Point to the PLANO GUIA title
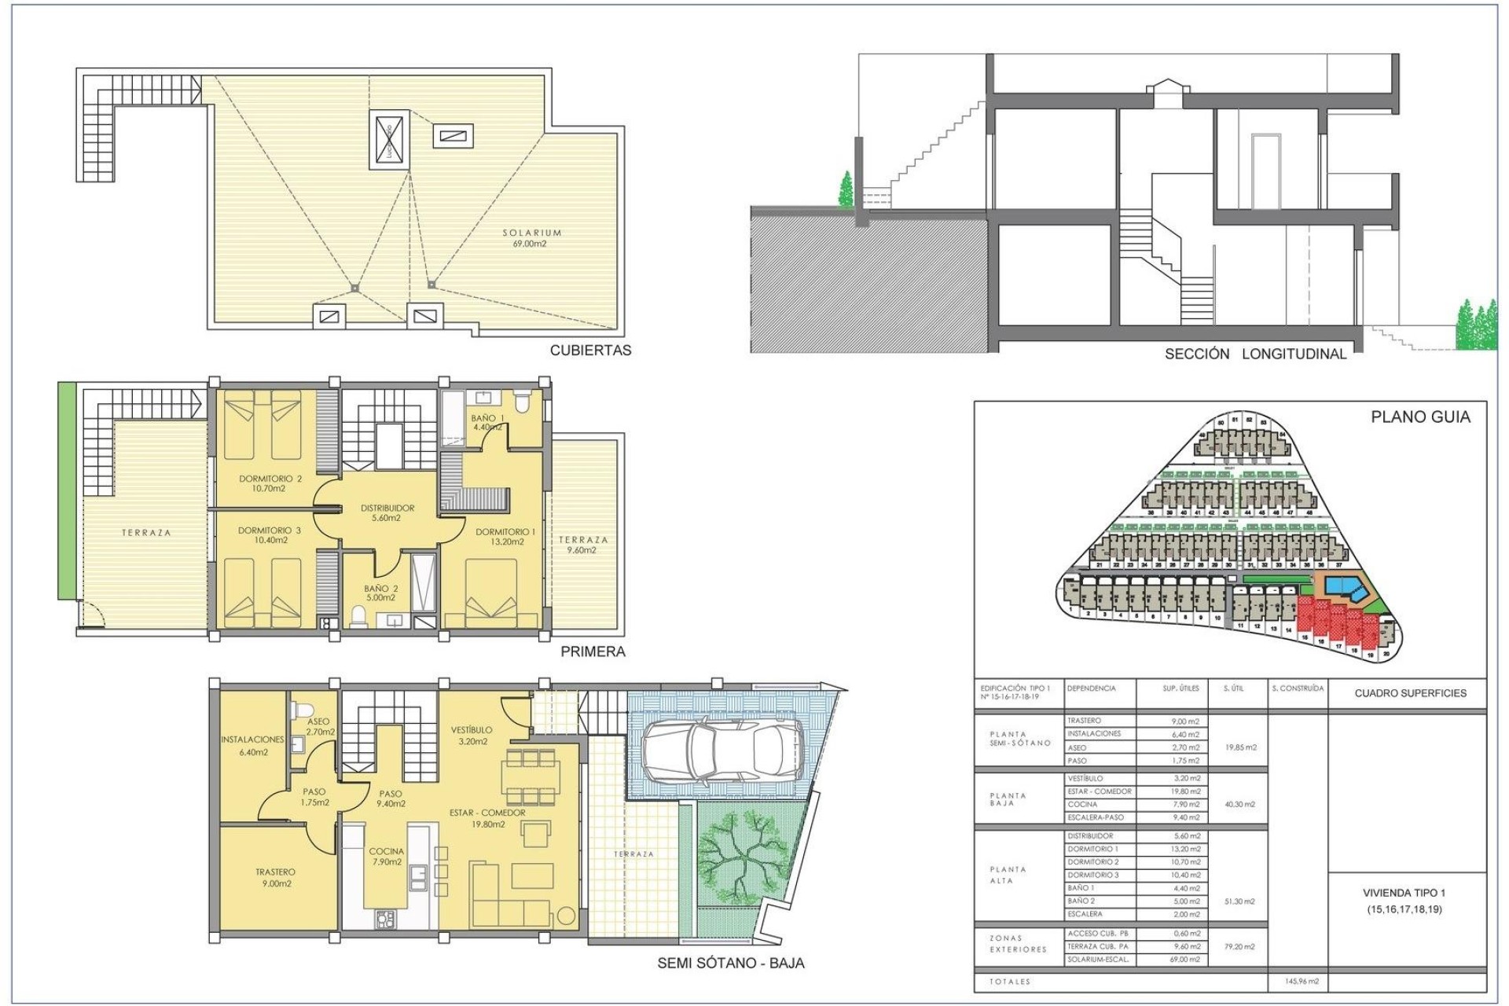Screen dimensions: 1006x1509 (x=1420, y=417)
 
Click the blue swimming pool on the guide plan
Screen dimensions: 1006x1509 (x=1346, y=586)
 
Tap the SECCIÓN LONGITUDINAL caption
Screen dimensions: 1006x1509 (x=1255, y=354)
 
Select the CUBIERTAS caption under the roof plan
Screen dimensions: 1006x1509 (x=590, y=351)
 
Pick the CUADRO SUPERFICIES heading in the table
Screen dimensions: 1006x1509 (x=1410, y=693)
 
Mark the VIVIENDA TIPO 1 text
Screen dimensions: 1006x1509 (x=1404, y=893)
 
